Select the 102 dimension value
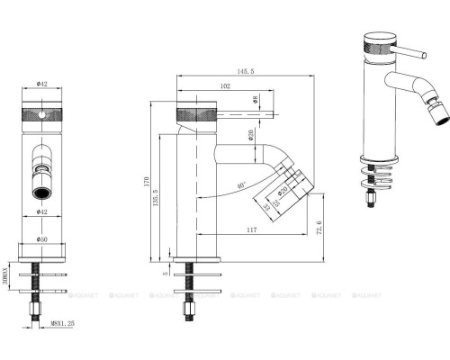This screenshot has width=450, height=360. (x=224, y=87)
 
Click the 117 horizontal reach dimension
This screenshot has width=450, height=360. (x=249, y=231)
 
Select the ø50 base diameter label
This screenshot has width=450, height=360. (x=42, y=238)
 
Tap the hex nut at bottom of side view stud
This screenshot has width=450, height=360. (x=192, y=312)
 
